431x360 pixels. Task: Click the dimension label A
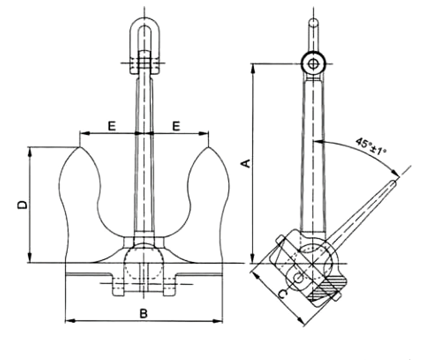(x=247, y=163)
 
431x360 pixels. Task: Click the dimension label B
(x=144, y=314)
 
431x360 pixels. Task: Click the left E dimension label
(x=111, y=126)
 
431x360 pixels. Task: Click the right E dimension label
(x=176, y=126)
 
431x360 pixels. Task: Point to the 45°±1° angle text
(x=371, y=146)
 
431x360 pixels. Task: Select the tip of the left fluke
(x=79, y=147)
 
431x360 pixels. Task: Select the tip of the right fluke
(x=208, y=147)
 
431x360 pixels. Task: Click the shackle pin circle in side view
(x=313, y=64)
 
